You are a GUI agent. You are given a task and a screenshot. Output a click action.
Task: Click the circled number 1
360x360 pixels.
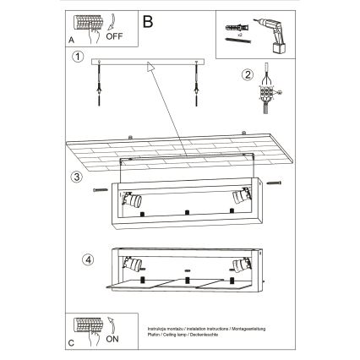click(78, 57)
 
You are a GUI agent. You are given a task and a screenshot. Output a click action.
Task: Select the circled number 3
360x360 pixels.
click(78, 177)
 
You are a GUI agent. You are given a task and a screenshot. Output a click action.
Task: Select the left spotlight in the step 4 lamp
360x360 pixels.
click(133, 263)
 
